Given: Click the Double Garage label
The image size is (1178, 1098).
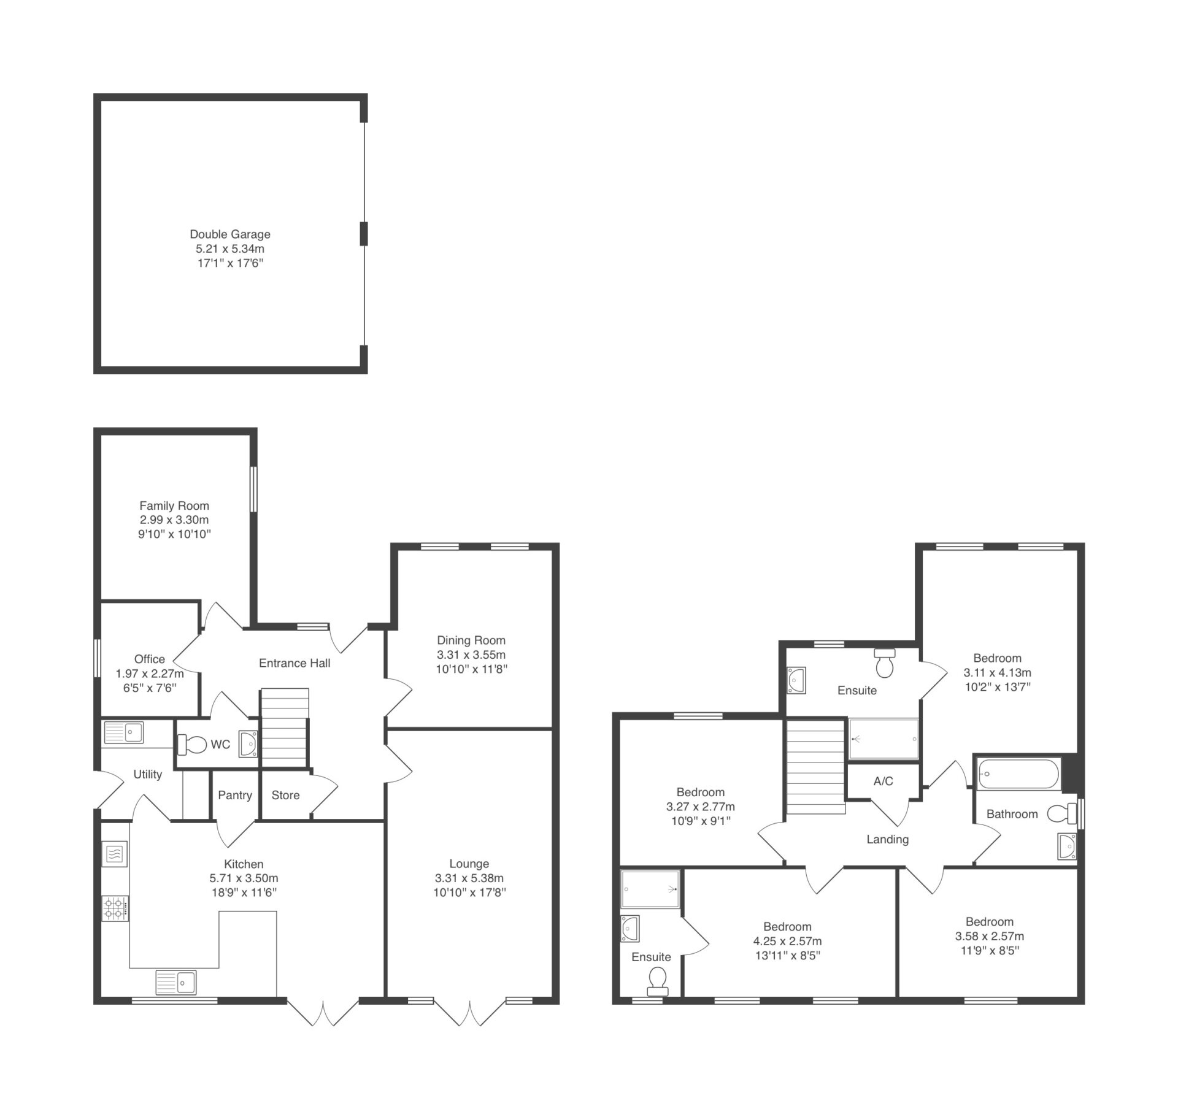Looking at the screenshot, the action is coord(230,234).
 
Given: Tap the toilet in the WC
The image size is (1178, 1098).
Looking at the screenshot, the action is coord(192,745).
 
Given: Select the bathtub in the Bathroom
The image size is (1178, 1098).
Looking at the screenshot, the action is coord(1018,774).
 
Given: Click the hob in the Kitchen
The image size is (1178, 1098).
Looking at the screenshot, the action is coord(115,908).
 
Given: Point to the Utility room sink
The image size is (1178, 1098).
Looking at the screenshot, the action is coord(123,732).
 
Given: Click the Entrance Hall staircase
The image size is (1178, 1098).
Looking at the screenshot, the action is coord(284,728).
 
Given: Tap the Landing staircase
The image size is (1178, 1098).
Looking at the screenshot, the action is coord(815,767).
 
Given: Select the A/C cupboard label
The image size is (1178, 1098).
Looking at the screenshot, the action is coord(883,781).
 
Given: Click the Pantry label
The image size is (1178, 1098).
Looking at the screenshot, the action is coord(235,796).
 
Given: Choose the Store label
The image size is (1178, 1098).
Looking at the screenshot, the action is coord(285,795).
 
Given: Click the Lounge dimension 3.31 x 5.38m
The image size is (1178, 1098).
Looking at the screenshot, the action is coord(469,878).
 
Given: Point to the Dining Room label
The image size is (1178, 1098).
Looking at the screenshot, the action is coord(471,640).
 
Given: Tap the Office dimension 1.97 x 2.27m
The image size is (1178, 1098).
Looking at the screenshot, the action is coord(150,674).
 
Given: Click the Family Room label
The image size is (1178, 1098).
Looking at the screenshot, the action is coord(174,506).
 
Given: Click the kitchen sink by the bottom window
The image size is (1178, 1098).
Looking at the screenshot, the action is coord(175,982).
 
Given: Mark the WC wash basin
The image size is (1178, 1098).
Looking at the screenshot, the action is coord(248,744).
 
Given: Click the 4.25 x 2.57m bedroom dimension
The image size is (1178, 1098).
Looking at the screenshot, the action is coord(787,941).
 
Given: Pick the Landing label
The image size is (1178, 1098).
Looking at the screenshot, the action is coord(887,840).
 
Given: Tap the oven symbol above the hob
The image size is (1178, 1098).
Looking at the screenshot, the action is coord(115,853).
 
